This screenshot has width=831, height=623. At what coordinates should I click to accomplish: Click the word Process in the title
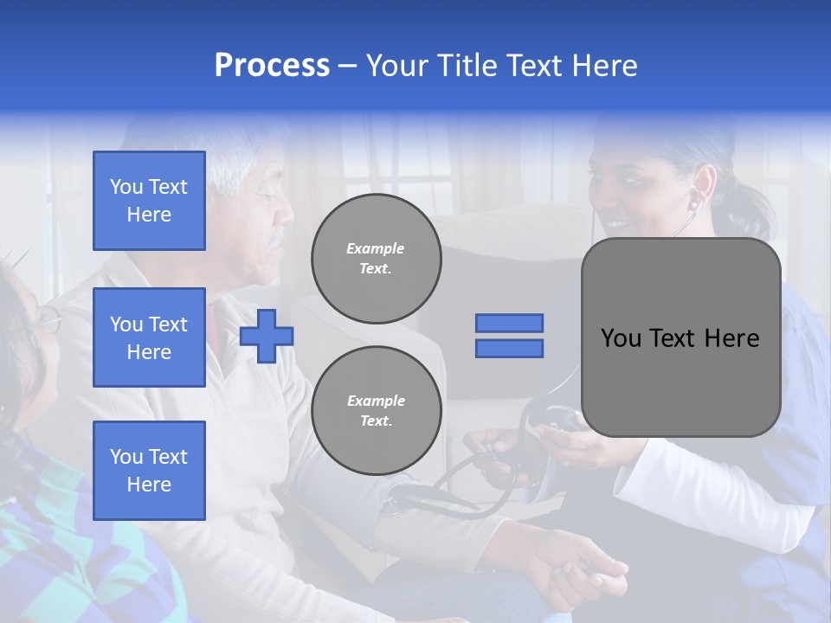pyautogui.click(x=272, y=66)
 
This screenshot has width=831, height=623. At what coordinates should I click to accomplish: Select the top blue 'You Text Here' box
pyautogui.click(x=149, y=201)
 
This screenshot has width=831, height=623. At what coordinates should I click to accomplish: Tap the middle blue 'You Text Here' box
pyautogui.click(x=149, y=337)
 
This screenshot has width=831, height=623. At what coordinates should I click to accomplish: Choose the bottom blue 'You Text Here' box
pyautogui.click(x=149, y=470)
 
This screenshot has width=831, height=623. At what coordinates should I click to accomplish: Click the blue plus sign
pyautogui.click(x=267, y=336)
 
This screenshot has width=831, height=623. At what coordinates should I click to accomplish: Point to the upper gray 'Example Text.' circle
pyautogui.click(x=376, y=259)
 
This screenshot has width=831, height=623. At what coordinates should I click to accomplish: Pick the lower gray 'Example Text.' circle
pyautogui.click(x=376, y=411)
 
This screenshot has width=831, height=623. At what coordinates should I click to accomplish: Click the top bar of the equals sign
pyautogui.click(x=509, y=323)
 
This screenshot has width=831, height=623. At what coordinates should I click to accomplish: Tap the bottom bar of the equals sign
pyautogui.click(x=509, y=348)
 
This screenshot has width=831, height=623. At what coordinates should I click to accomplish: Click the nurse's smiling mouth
pyautogui.click(x=616, y=223)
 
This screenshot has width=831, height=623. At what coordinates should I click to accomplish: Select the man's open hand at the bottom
pyautogui.click(x=580, y=567)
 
